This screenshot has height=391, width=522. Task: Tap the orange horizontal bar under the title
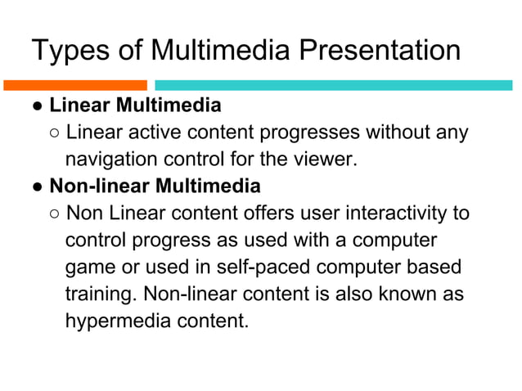pos(75,84)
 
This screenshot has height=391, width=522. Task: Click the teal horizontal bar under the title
pos(334,84)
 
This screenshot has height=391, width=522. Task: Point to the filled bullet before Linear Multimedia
pos(38,106)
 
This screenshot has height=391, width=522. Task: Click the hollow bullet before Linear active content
pos(53,133)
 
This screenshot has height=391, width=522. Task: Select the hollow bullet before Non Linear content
pos(53,214)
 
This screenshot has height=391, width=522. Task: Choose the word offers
pos(278,213)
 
